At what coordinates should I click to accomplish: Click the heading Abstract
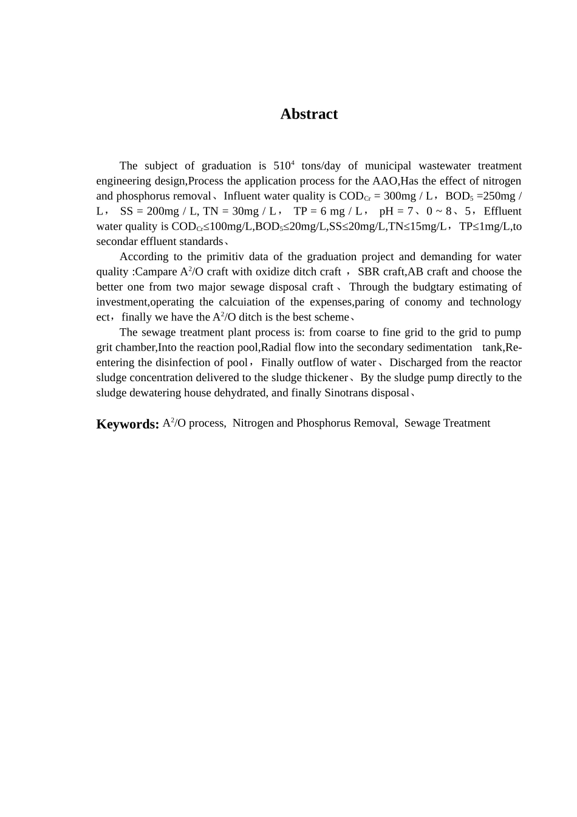309,114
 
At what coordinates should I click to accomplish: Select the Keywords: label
128,424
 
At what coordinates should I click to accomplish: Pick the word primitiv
231,257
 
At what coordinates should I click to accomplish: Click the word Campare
155,272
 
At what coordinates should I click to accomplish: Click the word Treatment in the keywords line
467,423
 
